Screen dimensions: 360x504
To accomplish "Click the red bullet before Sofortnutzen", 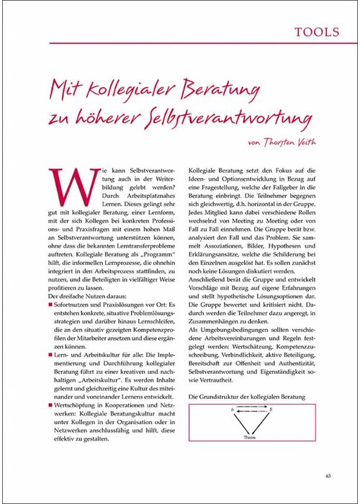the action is [51, 307].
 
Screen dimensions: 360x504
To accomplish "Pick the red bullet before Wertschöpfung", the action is [51, 407].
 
